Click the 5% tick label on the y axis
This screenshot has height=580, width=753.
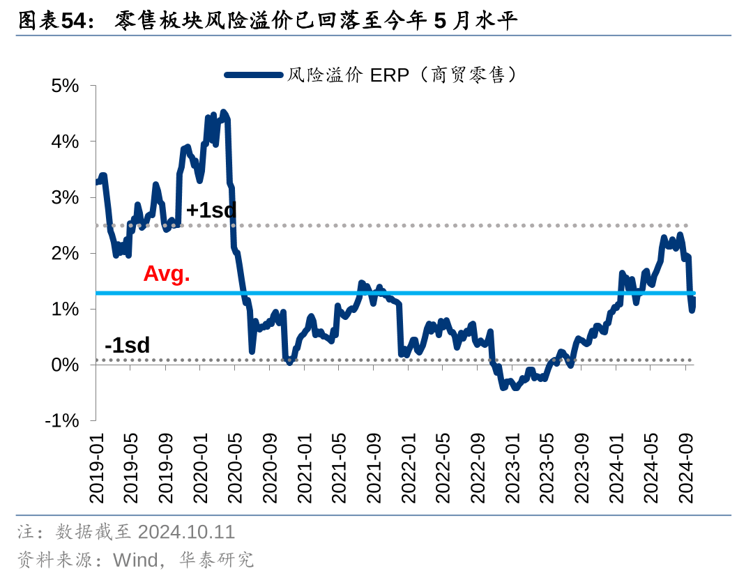(65, 86)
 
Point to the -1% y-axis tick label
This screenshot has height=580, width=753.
(62, 421)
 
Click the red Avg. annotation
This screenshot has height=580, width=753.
(167, 274)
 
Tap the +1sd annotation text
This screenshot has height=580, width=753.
(211, 210)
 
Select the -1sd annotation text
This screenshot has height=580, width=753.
(127, 345)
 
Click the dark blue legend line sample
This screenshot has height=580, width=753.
(254, 75)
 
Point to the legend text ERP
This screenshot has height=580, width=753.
(389, 75)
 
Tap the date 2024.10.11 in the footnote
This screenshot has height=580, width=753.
(186, 533)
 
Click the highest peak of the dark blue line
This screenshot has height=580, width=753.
(223, 112)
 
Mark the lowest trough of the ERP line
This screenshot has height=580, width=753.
(503, 388)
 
